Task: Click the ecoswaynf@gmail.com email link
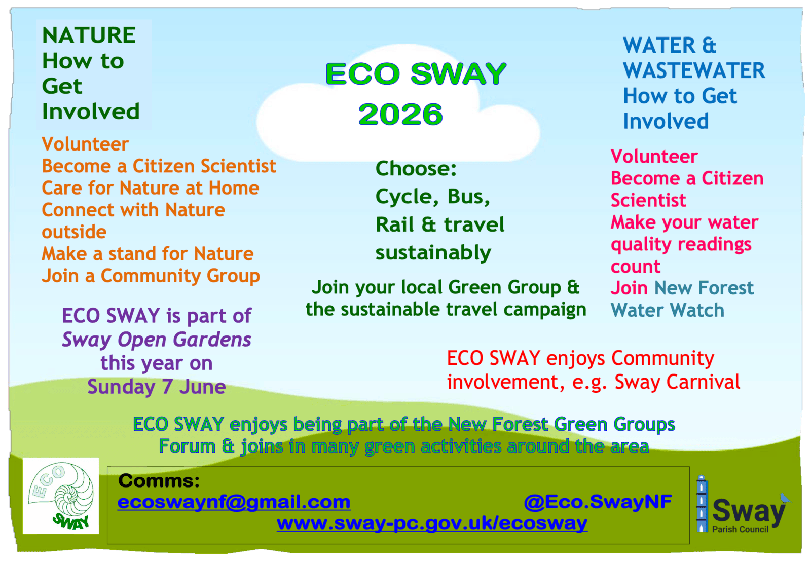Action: [x=234, y=502]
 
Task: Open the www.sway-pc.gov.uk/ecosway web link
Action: [x=432, y=523]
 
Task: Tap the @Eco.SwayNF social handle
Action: [x=598, y=502]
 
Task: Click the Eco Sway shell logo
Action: [x=61, y=496]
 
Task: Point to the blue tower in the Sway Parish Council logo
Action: [x=702, y=503]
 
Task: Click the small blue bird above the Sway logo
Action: [x=785, y=498]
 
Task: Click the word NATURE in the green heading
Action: [x=89, y=35]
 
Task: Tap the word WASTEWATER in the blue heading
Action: [x=694, y=70]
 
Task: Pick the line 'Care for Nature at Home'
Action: [x=150, y=188]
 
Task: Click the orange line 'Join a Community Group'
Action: [x=151, y=276]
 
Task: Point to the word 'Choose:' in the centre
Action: [x=416, y=168]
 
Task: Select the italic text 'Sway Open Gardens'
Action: [x=157, y=340]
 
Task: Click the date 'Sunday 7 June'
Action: [x=157, y=387]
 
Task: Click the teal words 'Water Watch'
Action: [x=667, y=310]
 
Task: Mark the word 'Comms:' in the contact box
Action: [x=159, y=480]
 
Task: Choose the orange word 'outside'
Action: [x=74, y=232]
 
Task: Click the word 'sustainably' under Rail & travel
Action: [x=433, y=253]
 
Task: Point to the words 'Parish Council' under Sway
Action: [x=740, y=529]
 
